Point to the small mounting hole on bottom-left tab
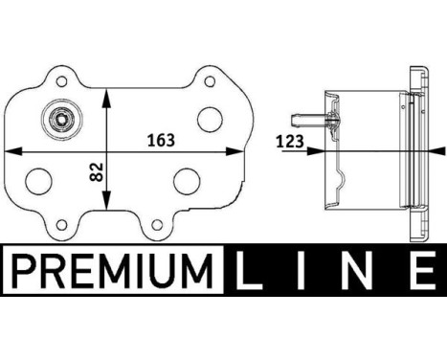pos(62,226)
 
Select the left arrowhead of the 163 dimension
pos(11,150)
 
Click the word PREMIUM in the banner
pos(112,271)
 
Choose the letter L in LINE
pos(254,271)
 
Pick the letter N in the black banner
pos(365,271)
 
